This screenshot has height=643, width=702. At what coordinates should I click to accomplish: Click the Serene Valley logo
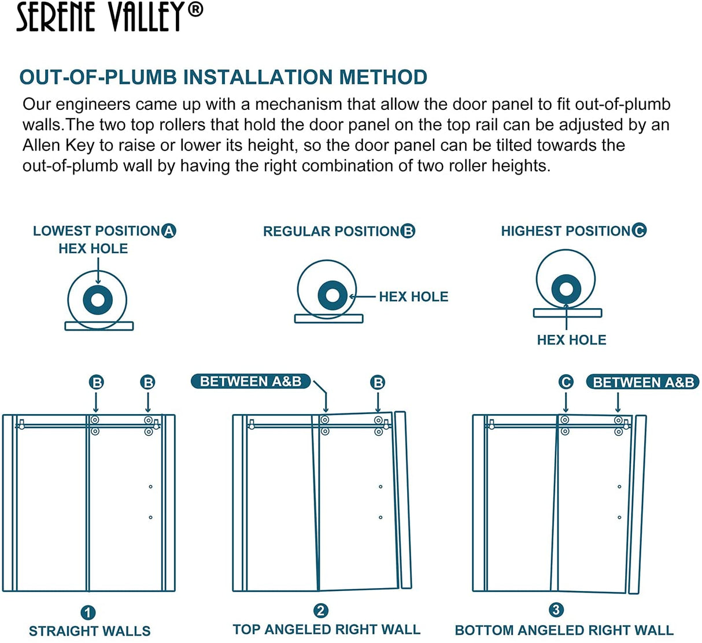click(x=109, y=17)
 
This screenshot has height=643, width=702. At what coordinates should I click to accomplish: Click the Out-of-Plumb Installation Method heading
click(x=223, y=77)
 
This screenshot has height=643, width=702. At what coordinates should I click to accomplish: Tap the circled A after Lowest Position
click(x=169, y=231)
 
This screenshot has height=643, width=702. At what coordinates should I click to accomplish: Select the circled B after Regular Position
click(x=408, y=231)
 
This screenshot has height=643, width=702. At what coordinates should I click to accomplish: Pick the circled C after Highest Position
click(x=639, y=231)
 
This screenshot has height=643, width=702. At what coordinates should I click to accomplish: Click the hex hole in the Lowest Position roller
click(x=97, y=300)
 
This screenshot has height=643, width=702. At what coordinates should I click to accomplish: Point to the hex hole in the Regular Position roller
click(x=332, y=295)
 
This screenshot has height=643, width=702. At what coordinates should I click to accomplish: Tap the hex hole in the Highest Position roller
click(x=566, y=289)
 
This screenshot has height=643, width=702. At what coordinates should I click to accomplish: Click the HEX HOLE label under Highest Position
click(x=571, y=340)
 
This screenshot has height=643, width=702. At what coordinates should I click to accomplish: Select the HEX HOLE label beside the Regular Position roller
click(x=413, y=297)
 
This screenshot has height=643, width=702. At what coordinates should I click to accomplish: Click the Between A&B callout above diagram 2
click(x=251, y=382)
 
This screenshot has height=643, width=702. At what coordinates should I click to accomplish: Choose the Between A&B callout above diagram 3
click(x=643, y=382)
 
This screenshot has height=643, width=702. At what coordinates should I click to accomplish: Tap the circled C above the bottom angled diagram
click(x=566, y=382)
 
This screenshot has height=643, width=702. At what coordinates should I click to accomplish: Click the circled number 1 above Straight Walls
click(x=88, y=612)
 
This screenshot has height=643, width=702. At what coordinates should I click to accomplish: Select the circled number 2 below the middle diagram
click(x=321, y=611)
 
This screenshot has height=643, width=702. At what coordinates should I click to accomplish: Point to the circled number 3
click(x=556, y=610)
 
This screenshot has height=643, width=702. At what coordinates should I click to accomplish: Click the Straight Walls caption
click(x=90, y=631)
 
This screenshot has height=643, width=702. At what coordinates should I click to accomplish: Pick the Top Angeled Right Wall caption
click(x=326, y=629)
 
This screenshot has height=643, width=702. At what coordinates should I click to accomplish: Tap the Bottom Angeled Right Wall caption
click(x=564, y=630)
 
